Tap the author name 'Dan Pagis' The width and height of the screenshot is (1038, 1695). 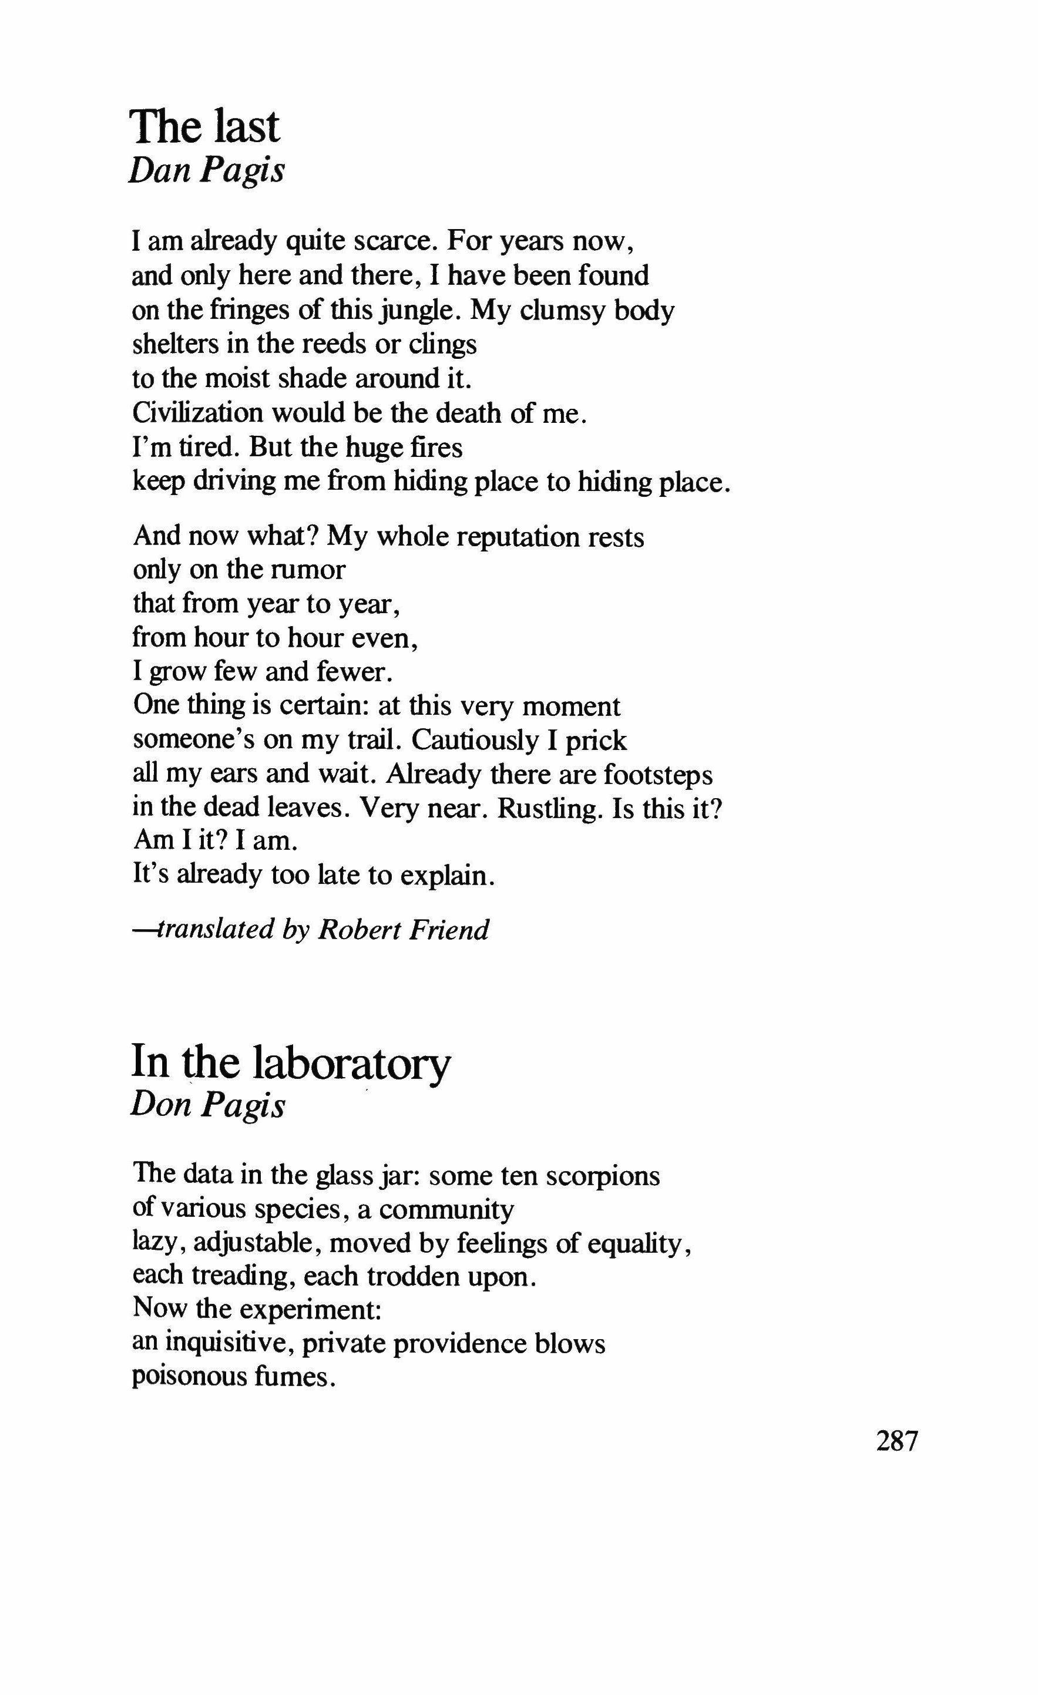click(x=206, y=170)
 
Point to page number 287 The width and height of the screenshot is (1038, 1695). click(x=897, y=1441)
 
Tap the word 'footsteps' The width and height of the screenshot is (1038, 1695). click(x=659, y=775)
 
